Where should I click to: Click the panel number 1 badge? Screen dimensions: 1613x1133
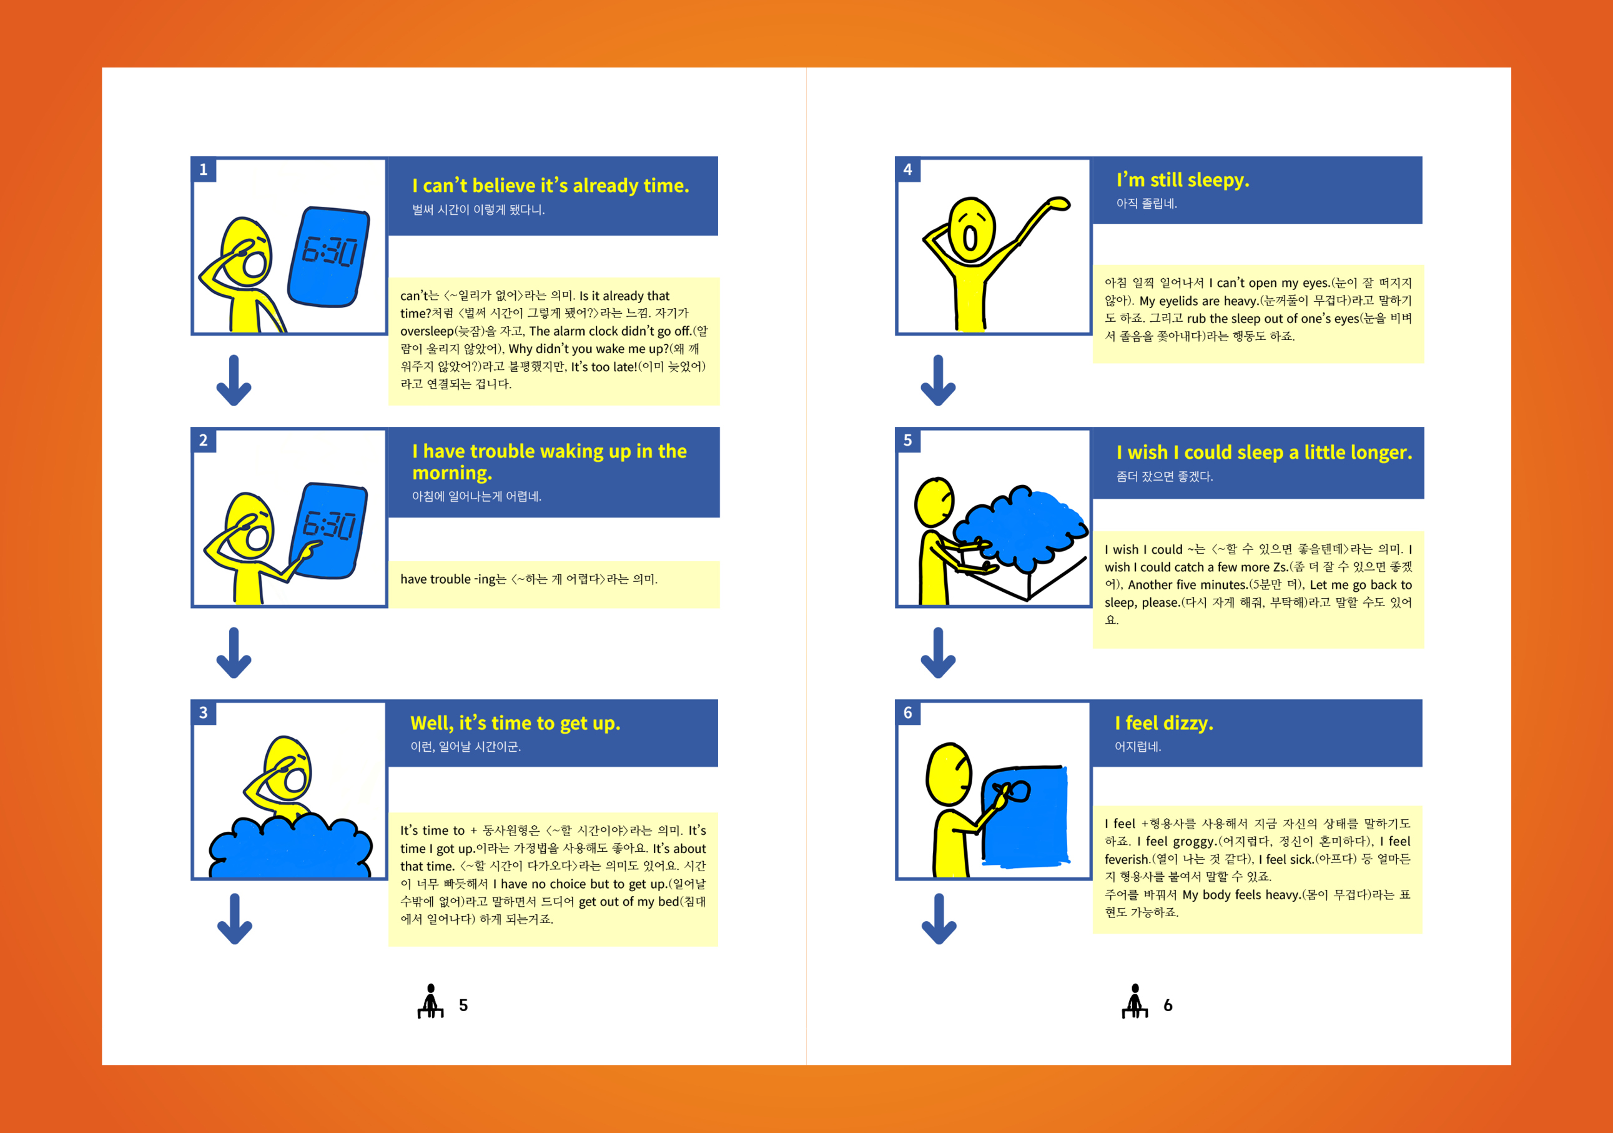point(204,169)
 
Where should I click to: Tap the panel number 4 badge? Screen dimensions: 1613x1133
point(908,169)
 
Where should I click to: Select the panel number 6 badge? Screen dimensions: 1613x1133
point(908,712)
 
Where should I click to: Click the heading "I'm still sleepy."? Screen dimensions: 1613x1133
point(1183,181)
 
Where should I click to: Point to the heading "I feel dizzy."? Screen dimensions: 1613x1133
point(1164,723)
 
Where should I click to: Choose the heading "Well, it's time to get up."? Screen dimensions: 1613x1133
point(516,723)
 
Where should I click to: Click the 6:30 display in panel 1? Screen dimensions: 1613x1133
point(330,251)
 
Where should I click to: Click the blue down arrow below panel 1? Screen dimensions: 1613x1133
point(234,380)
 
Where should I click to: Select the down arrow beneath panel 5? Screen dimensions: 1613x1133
point(939,653)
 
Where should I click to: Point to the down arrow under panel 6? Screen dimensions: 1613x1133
point(939,919)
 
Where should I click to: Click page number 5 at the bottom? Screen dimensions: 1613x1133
point(463,1006)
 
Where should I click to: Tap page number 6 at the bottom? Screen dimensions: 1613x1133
point(1168,1006)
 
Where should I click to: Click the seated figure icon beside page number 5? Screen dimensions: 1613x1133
point(431,1001)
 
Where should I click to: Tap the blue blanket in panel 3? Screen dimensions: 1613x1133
point(290,847)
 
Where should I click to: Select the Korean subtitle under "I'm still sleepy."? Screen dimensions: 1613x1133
point(1147,204)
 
